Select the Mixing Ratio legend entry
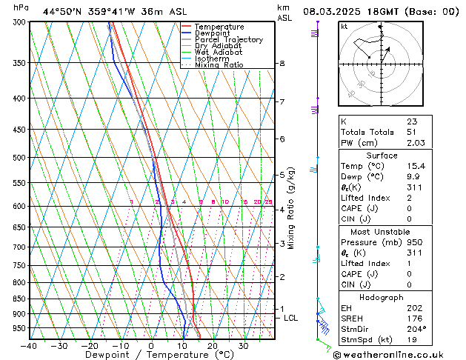point(219,65)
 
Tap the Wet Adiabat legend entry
point(218,53)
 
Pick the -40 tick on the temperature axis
point(29,346)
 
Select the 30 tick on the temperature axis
point(243,346)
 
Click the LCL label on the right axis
point(291,318)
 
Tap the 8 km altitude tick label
point(282,64)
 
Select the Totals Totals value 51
point(412,132)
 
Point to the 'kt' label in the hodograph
point(344,27)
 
